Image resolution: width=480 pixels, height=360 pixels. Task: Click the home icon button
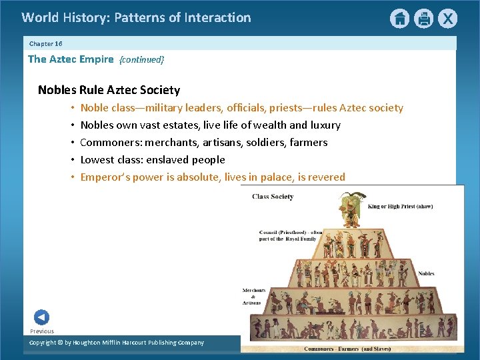point(399,19)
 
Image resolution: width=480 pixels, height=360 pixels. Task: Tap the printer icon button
point(423,19)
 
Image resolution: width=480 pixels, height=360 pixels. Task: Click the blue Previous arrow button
point(41,317)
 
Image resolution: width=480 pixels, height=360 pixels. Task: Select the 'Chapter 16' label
point(46,43)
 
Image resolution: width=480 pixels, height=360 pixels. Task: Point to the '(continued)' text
point(141,60)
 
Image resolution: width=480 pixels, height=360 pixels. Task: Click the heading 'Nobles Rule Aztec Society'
point(109,90)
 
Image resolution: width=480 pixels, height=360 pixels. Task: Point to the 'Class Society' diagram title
point(273,197)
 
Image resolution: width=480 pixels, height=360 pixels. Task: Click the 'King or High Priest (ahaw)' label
point(400,207)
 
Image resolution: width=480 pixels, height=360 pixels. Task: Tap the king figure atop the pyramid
point(348,211)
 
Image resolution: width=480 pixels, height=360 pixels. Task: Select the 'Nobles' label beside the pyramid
point(426,273)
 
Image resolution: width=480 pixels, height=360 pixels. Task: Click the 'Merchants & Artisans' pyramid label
point(254,295)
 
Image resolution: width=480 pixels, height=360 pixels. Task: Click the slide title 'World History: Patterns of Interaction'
point(136,18)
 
